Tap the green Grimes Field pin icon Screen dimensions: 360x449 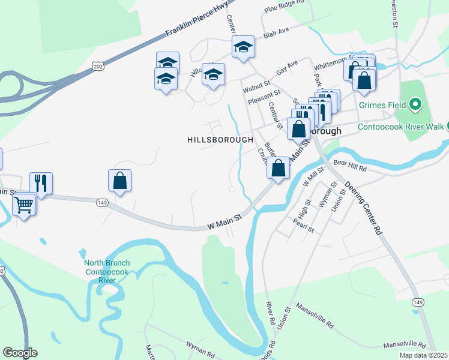tap(415, 106)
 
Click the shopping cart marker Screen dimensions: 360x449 tap(24, 205)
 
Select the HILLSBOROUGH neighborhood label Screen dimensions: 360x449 tap(220, 139)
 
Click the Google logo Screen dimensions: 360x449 tap(20, 353)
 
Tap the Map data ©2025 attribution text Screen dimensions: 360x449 tap(423, 355)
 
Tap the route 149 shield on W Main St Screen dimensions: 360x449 tap(101, 203)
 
